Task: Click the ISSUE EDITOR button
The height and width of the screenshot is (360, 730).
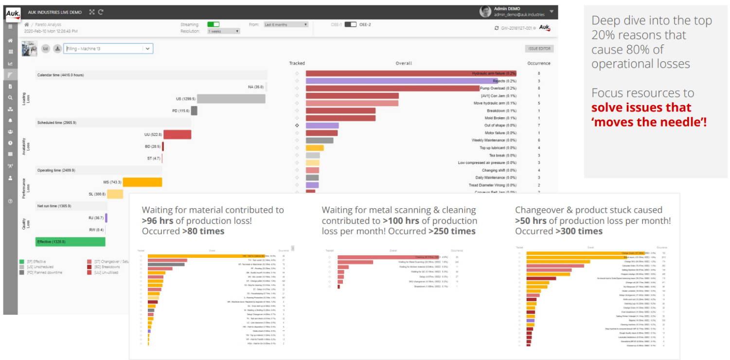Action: (x=539, y=49)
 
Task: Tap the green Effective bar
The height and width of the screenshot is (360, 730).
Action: (x=71, y=242)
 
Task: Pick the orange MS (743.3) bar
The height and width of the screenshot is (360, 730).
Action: (x=142, y=182)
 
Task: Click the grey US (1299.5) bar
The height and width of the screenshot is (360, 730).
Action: (x=231, y=99)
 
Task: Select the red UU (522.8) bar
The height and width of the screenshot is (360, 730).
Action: (x=177, y=134)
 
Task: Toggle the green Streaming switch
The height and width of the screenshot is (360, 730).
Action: (x=213, y=24)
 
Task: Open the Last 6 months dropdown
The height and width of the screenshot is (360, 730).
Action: (x=285, y=24)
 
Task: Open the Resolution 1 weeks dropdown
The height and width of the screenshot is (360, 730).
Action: (x=224, y=31)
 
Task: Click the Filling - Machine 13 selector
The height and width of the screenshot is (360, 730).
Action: (x=108, y=49)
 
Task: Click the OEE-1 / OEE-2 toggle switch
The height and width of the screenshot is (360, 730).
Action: (x=350, y=24)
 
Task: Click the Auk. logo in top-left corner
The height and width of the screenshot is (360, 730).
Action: (x=13, y=13)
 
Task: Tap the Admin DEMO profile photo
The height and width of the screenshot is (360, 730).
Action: (x=485, y=12)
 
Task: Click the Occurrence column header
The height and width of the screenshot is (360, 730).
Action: (x=539, y=63)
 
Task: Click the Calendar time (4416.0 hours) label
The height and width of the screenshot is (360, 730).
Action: (x=61, y=75)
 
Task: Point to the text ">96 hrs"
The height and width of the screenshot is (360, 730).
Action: (x=158, y=221)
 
